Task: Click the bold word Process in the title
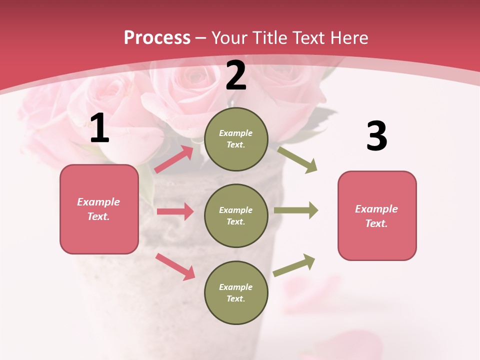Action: click(157, 37)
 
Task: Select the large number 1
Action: click(99, 128)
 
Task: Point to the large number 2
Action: click(236, 75)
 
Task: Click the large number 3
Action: click(376, 136)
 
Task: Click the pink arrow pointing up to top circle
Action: click(174, 159)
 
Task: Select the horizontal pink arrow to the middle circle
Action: click(175, 211)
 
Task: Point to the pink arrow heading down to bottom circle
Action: click(175, 266)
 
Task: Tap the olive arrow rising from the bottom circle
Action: click(294, 265)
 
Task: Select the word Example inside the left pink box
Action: click(98, 202)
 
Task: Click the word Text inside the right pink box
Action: click(376, 223)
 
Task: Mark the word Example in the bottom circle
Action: click(236, 287)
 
